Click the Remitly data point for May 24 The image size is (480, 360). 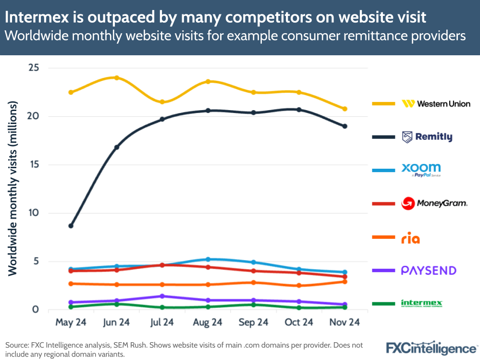(x=71, y=225)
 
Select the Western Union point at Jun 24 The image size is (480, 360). (x=117, y=78)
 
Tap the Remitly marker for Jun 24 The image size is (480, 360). (x=117, y=147)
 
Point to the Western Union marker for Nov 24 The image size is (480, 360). (x=345, y=109)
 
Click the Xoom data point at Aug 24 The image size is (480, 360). (x=208, y=259)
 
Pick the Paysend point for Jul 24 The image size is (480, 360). (x=162, y=296)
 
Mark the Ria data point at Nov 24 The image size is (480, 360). (x=345, y=281)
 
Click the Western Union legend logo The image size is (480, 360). (x=436, y=104)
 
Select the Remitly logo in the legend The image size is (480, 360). (x=427, y=137)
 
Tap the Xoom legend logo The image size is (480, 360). (x=421, y=169)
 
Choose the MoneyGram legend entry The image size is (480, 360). (x=434, y=203)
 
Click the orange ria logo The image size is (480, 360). (x=410, y=238)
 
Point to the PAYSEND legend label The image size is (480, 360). (x=429, y=271)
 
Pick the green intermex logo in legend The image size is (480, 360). (x=421, y=303)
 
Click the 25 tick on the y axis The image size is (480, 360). (x=33, y=68)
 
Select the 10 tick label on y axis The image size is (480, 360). (x=33, y=213)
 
